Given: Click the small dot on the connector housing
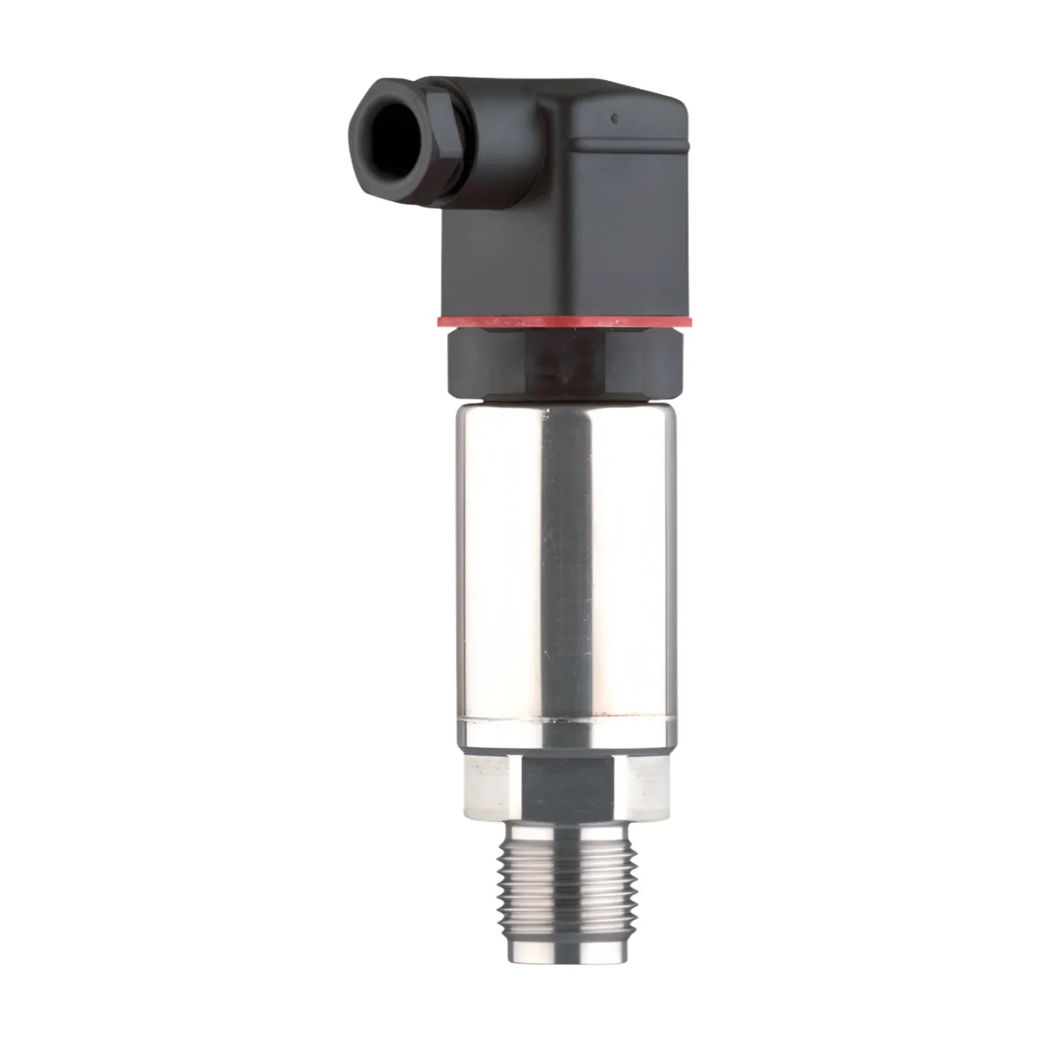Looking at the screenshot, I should click(613, 117).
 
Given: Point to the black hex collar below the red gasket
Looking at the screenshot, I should click(477, 361).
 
